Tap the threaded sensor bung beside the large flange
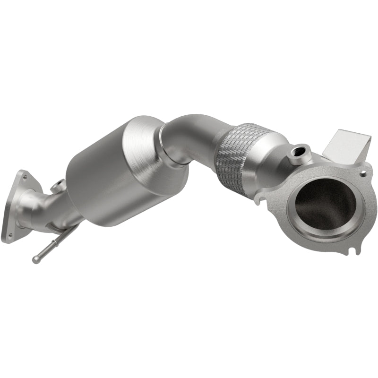point(299,153)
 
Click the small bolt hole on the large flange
point(363,174)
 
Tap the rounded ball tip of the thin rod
point(36,259)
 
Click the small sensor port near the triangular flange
point(58,186)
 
